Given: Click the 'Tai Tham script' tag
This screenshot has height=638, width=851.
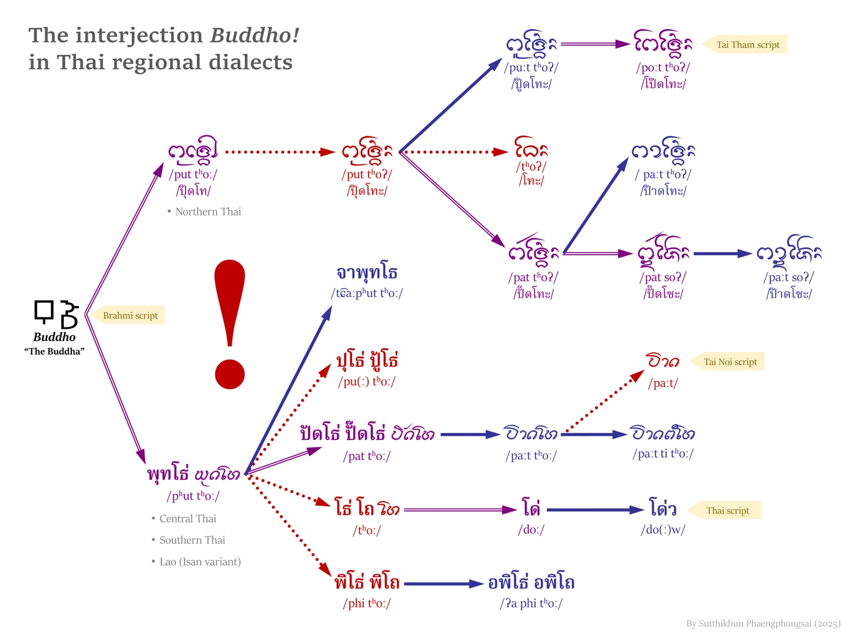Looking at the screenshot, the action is click(745, 45).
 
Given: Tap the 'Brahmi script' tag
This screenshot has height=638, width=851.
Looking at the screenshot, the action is click(128, 315).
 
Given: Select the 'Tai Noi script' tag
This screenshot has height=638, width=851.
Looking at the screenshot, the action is click(727, 362).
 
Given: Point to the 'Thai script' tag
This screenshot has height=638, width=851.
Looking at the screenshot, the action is click(725, 510).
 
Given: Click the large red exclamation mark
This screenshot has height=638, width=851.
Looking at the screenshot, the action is click(230, 325).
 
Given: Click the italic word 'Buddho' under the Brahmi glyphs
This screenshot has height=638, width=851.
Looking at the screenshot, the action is click(54, 337).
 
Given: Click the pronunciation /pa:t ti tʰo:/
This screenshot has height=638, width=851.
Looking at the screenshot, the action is click(663, 453).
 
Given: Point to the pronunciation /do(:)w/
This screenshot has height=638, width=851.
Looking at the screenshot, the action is click(663, 530).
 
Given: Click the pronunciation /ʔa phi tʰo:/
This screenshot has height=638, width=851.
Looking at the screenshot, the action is click(531, 603).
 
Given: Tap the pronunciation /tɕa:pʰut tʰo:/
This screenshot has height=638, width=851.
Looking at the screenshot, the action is click(367, 293).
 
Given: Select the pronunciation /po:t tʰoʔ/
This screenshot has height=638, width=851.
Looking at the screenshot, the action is click(663, 68).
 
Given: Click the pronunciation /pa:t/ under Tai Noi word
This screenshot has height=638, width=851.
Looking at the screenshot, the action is click(663, 383).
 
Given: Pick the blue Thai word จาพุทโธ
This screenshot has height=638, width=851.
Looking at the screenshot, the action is click(367, 272).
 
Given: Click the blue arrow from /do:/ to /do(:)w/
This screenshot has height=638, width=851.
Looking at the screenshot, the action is click(596, 510).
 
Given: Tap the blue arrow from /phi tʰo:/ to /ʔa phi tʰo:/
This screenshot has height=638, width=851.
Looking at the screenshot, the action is click(444, 584).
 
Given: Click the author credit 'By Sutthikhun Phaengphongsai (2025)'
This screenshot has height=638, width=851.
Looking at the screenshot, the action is click(763, 624).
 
